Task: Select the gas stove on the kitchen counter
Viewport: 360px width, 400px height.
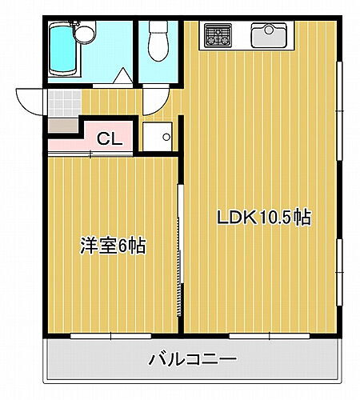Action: tap(218, 34)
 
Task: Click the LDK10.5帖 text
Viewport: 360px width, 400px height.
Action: tap(262, 217)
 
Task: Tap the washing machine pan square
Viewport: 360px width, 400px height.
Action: tap(157, 136)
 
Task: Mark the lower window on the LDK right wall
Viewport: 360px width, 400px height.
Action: tap(339, 272)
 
